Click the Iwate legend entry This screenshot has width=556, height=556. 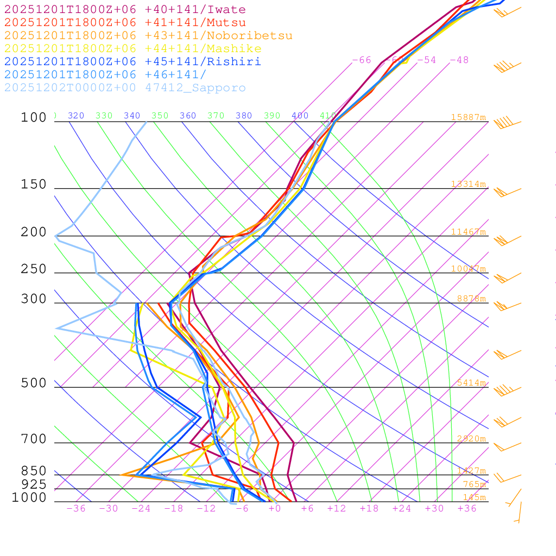[125, 10]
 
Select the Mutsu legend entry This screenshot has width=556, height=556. [125, 23]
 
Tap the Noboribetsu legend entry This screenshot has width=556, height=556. [148, 36]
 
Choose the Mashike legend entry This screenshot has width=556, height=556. [132, 49]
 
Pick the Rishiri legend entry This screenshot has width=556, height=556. [132, 61]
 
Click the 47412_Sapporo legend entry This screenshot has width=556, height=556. [125, 88]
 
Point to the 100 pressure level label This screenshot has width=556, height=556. [34, 117]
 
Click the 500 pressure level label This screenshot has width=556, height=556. [34, 383]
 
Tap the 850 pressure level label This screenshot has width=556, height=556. [34, 471]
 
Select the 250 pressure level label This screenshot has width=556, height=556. [34, 269]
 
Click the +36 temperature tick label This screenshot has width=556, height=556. [467, 508]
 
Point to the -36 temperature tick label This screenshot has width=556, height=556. [76, 508]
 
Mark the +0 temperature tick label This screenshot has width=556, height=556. [275, 508]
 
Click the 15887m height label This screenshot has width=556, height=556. [469, 117]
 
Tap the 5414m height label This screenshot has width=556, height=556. [471, 383]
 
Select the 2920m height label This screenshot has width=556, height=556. [471, 439]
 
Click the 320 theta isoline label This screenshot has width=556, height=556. [76, 116]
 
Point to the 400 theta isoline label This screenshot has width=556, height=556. [300, 116]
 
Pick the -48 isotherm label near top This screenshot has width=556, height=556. [459, 60]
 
